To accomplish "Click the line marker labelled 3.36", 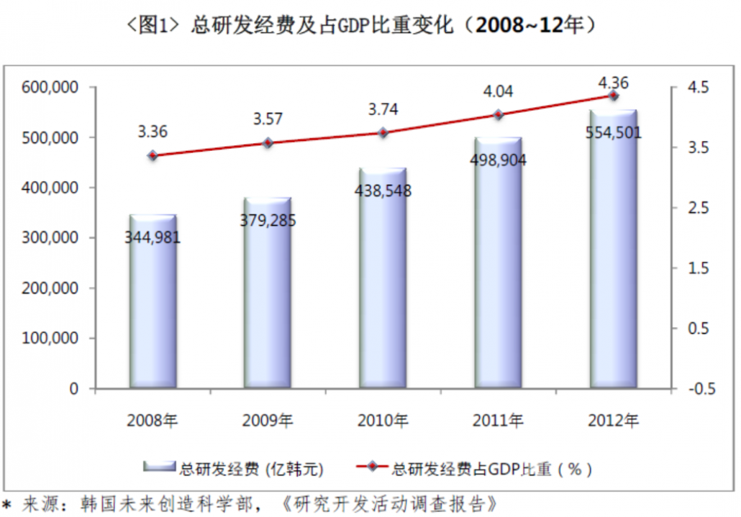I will tap(153, 155).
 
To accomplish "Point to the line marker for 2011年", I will tap(498, 115).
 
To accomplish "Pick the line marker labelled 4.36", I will tap(614, 96).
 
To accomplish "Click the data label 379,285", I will tap(268, 220).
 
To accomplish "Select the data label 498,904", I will tap(498, 160).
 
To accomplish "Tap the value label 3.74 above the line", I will tap(383, 110).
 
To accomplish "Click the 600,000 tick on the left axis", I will tap(50, 88).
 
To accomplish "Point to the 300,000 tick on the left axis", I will tap(50, 238).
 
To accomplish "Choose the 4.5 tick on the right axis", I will tap(698, 88).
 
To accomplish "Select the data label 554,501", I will tap(613, 132).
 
